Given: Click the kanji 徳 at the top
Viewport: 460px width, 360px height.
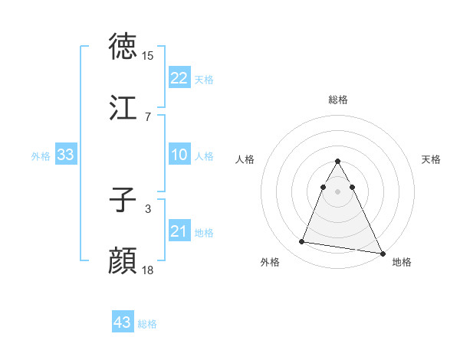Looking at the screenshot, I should pyautogui.click(x=124, y=47).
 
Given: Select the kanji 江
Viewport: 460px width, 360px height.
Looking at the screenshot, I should pyautogui.click(x=124, y=108).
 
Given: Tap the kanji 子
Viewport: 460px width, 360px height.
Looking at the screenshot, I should pyautogui.click(x=123, y=201).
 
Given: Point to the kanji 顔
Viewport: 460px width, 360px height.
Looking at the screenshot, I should pyautogui.click(x=124, y=260).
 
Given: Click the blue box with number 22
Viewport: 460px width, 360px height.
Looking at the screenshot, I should pyautogui.click(x=179, y=78).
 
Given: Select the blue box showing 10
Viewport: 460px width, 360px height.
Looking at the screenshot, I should pyautogui.click(x=179, y=155).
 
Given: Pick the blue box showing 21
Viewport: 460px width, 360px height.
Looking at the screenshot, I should pyautogui.click(x=179, y=231).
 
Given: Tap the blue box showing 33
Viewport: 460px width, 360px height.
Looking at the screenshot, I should pyautogui.click(x=65, y=155).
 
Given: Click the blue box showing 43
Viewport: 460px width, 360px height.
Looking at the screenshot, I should pyautogui.click(x=122, y=322).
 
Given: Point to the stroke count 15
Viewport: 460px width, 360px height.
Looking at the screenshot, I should pyautogui.click(x=148, y=56).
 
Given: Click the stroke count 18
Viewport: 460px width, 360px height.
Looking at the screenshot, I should pyautogui.click(x=148, y=270).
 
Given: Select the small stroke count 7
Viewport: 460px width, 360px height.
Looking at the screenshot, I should pyautogui.click(x=147, y=116).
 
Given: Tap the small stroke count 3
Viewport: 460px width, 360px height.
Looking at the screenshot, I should pyautogui.click(x=147, y=208).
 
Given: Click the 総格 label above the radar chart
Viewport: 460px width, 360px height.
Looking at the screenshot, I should pyautogui.click(x=338, y=100).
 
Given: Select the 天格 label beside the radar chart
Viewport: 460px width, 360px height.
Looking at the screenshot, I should pyautogui.click(x=432, y=159).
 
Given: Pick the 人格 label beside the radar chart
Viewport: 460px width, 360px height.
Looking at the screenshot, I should pyautogui.click(x=245, y=159).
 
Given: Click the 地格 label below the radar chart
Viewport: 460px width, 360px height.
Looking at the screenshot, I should pyautogui.click(x=402, y=262).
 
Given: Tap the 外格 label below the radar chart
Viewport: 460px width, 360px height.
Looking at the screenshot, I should pyautogui.click(x=270, y=262).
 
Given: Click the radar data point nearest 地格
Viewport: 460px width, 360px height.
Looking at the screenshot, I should pyautogui.click(x=382, y=254).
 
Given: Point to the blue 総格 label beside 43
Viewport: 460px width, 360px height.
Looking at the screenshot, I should pyautogui.click(x=147, y=324).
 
